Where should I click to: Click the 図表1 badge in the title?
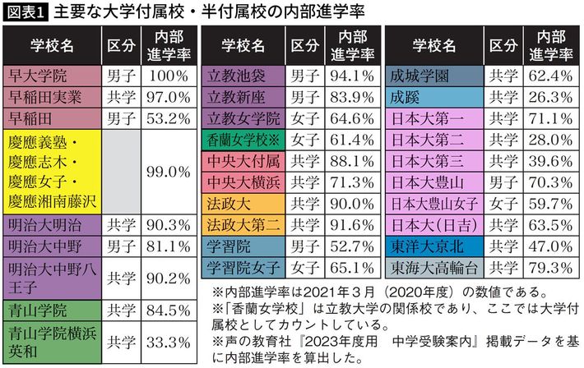[x=26, y=11]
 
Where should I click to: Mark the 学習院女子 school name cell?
[x=243, y=268]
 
